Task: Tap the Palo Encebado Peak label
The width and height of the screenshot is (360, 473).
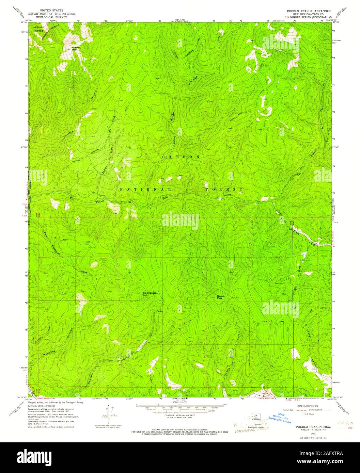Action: click(149, 293)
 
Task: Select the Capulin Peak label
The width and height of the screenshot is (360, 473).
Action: click(222, 297)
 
